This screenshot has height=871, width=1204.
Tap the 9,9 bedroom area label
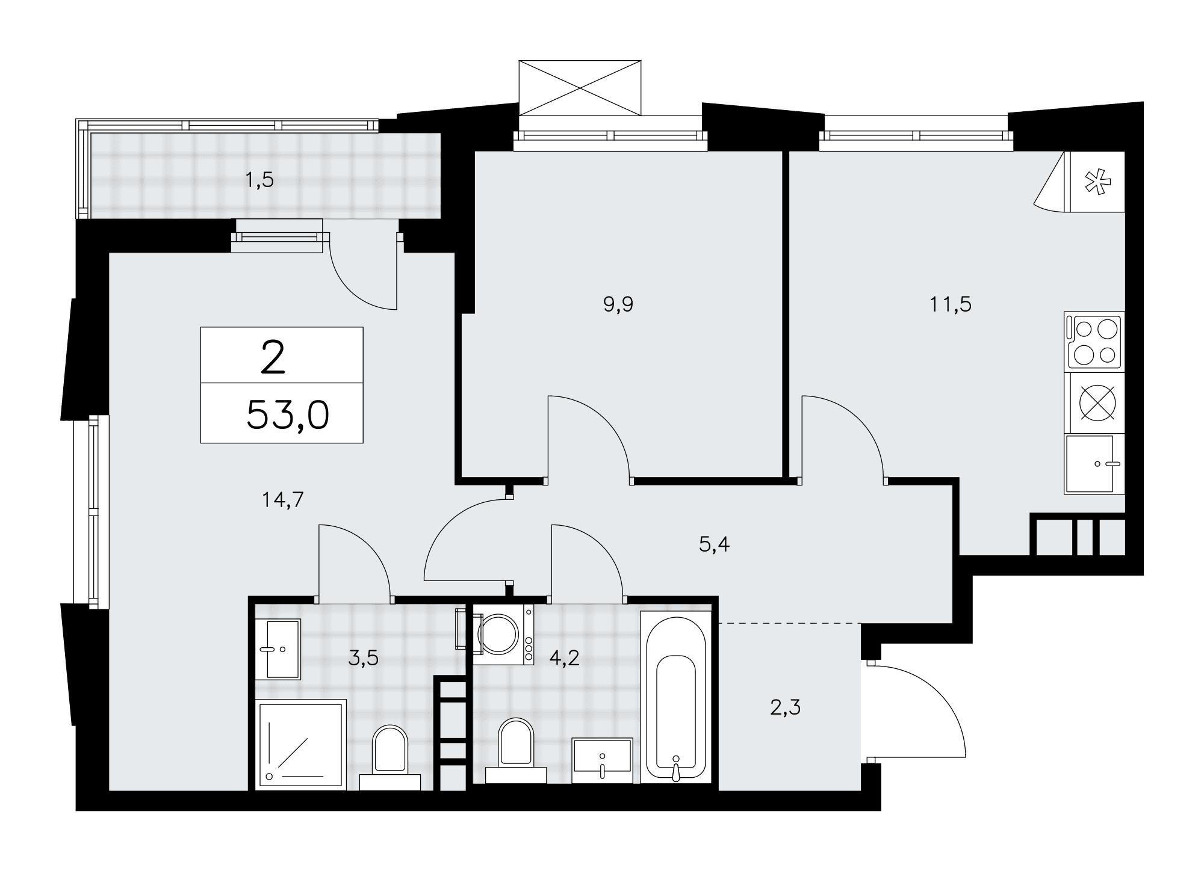[x=618, y=305]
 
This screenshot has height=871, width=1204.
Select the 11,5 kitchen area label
[x=951, y=304]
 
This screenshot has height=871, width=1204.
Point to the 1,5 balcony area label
[x=259, y=180]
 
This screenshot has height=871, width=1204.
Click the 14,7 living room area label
[x=283, y=500]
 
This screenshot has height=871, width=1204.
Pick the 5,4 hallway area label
[x=715, y=545]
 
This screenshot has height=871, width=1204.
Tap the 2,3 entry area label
[x=785, y=708]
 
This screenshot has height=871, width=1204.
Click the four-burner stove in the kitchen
[x=1094, y=341]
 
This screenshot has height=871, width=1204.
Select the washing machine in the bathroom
[x=503, y=634]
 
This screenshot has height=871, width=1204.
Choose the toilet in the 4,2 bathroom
[x=516, y=751]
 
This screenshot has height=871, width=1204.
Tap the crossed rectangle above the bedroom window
[x=580, y=87]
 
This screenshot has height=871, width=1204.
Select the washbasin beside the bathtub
[x=603, y=761]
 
